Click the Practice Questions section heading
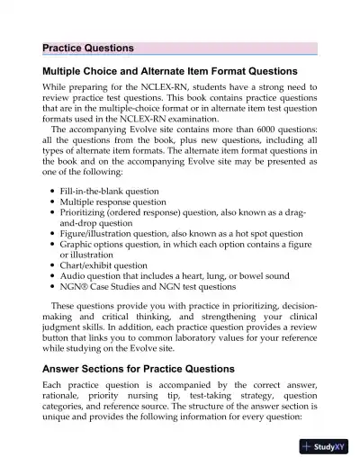88,48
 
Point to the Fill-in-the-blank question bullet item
109,192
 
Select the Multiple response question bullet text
111,204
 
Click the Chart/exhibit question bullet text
104,265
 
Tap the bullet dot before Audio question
53,277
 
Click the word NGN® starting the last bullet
74,289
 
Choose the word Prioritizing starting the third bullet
87,216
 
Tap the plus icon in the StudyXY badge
308,448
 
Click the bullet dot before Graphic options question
53,244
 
